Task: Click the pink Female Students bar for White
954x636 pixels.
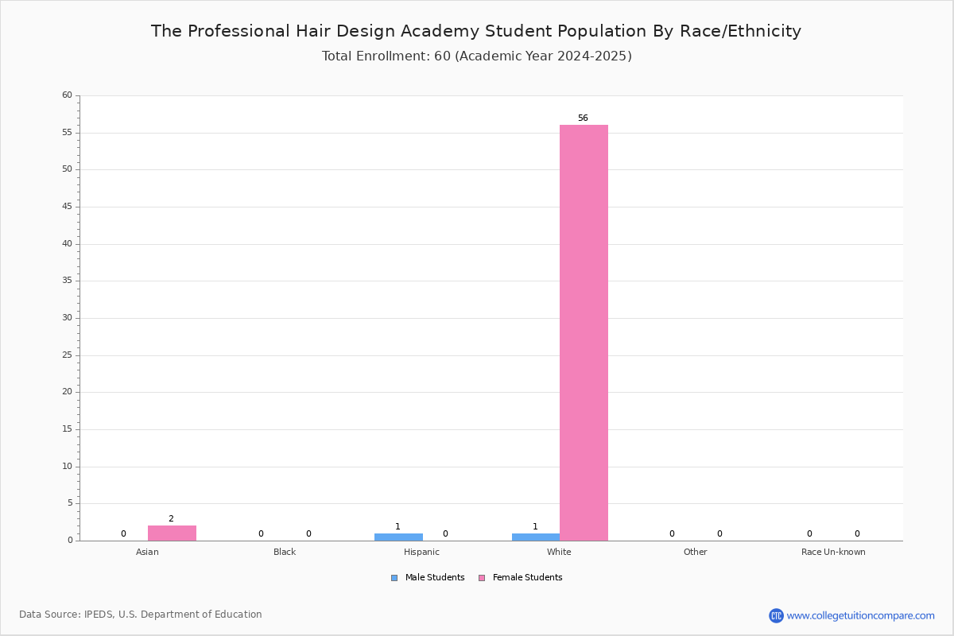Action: tap(584, 332)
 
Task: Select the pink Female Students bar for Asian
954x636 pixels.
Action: tap(172, 533)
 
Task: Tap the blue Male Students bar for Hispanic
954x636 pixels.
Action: tap(398, 537)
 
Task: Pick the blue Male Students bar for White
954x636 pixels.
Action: tap(536, 537)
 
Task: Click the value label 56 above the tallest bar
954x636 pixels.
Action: tap(583, 118)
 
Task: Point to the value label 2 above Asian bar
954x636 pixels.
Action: tap(171, 518)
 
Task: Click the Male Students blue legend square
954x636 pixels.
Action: tap(394, 578)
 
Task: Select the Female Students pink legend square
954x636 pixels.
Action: tap(482, 578)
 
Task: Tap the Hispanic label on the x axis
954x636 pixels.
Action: tap(421, 552)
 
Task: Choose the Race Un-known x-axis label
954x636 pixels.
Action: tap(833, 552)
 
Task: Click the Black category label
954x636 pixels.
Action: tap(285, 552)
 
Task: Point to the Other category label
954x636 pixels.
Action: tap(696, 552)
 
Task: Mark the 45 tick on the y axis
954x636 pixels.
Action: tap(67, 207)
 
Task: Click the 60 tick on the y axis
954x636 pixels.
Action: tap(67, 95)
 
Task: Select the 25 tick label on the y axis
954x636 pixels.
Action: tap(67, 355)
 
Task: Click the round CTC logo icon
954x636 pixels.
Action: tap(776, 615)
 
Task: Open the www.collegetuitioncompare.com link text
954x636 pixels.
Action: tap(861, 616)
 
